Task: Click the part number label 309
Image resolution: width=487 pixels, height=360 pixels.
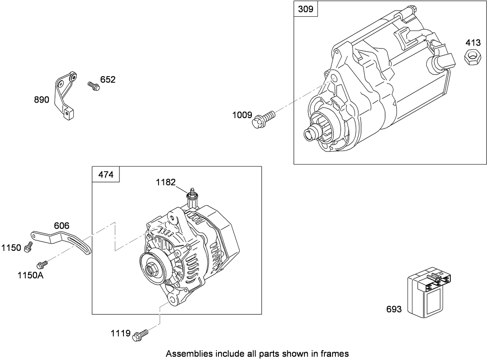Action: [x=306, y=9]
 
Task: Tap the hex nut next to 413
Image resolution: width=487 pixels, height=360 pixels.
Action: [x=472, y=56]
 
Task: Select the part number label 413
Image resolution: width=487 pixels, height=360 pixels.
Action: [x=473, y=42]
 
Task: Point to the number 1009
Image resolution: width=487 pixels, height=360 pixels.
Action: [x=242, y=115]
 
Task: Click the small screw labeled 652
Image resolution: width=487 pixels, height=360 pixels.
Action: [x=93, y=86]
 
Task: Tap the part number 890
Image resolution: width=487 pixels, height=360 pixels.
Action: [x=42, y=99]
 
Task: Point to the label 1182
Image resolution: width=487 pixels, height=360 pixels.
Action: [x=166, y=182]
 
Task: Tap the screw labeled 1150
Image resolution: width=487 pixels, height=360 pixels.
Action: [x=29, y=246]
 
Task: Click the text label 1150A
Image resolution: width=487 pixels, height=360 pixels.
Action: [x=31, y=276]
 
